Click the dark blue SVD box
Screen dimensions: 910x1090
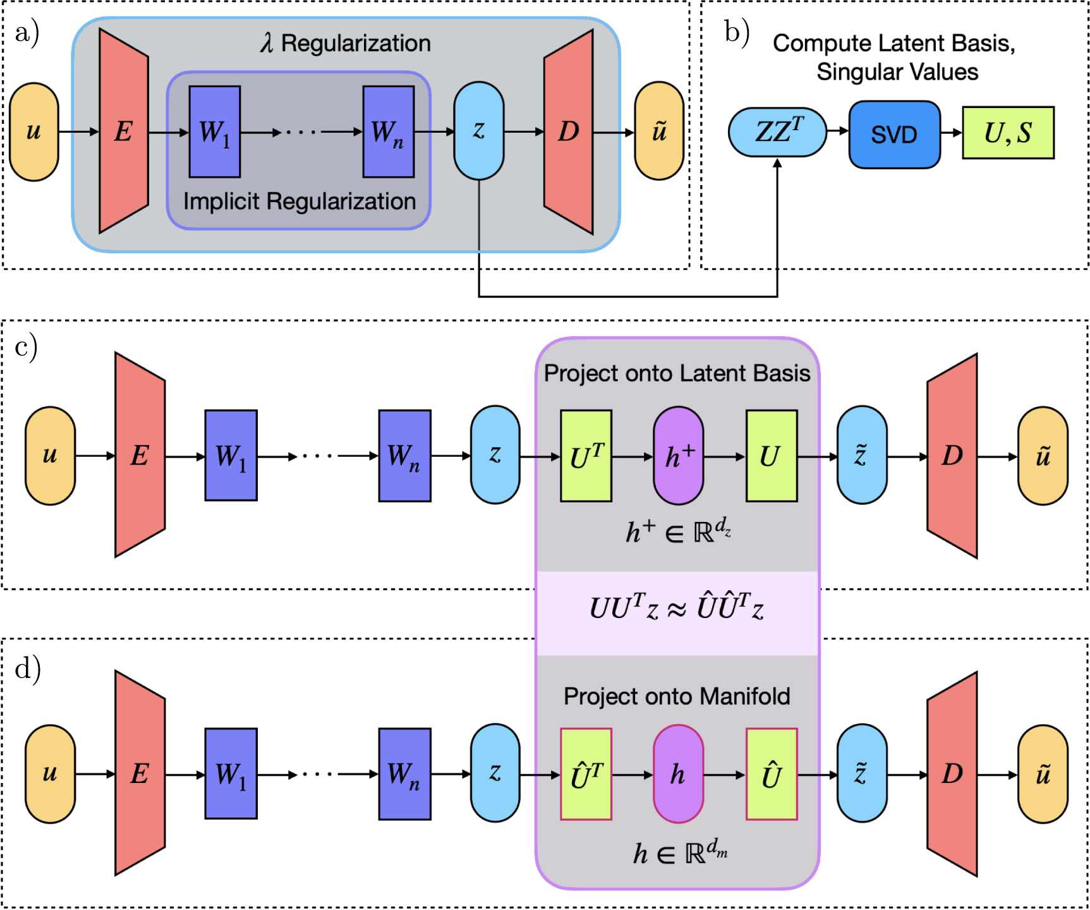coord(894,134)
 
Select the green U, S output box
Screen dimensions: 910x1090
coord(1008,133)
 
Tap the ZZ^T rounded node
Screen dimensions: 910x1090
coord(777,132)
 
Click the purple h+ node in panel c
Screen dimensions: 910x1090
coord(678,456)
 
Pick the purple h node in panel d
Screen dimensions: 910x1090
coord(678,773)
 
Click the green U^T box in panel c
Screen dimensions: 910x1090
coord(586,456)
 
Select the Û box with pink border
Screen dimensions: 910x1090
coord(771,773)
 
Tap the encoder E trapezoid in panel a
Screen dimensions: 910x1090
coord(124,131)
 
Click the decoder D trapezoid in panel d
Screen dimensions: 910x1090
coord(952,773)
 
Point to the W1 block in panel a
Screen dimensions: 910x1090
coord(214,131)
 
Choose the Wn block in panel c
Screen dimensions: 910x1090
coord(404,456)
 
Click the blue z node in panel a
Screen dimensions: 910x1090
coord(479,131)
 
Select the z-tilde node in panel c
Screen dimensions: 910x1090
coord(861,456)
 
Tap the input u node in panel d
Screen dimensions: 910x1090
coord(50,773)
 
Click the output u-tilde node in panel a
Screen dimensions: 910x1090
coord(659,131)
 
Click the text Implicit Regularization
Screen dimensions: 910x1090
coord(300,202)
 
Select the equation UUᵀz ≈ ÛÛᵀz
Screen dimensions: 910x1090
coord(677,609)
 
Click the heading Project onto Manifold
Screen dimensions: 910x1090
coord(677,696)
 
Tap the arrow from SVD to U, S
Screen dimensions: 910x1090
coord(951,133)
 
